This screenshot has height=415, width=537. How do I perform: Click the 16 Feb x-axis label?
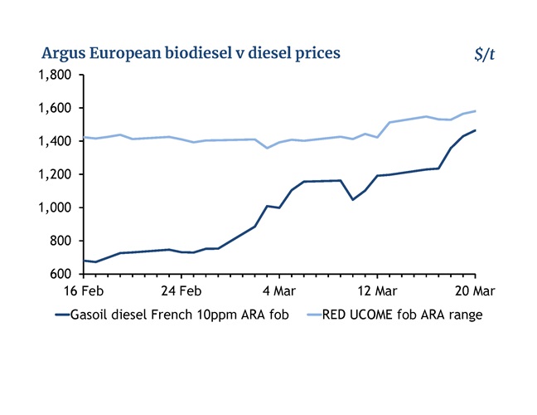(x=84, y=291)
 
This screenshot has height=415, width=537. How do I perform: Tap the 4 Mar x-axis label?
(x=279, y=291)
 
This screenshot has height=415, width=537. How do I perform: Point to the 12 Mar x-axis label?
(x=377, y=291)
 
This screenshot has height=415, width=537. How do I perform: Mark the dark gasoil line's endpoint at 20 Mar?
(x=475, y=130)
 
